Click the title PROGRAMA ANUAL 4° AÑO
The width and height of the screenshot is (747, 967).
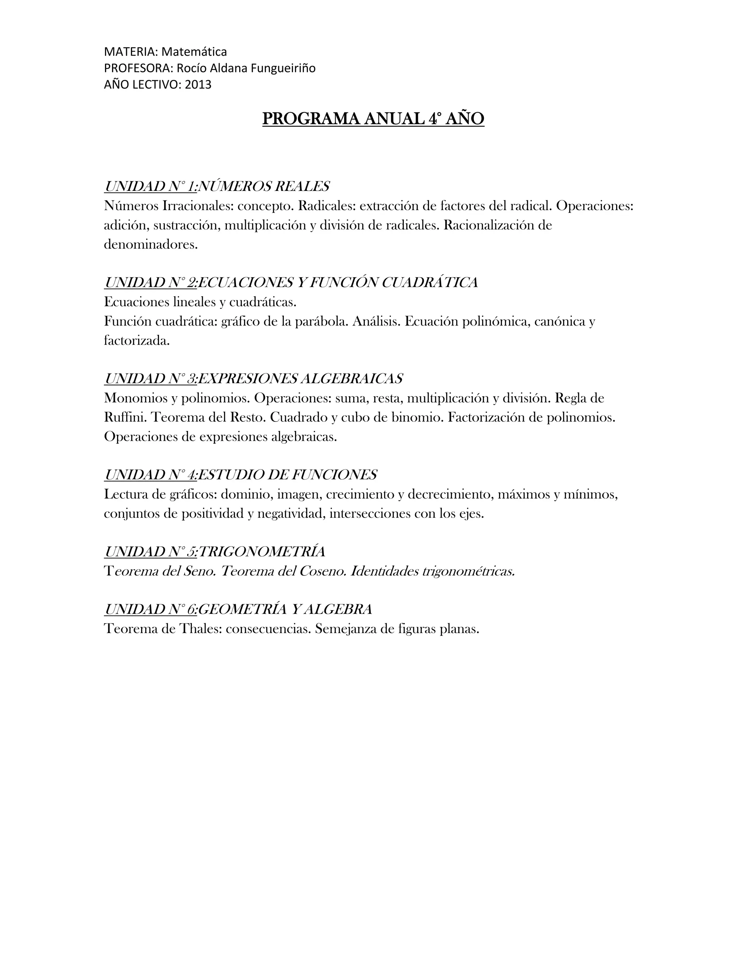(373, 119)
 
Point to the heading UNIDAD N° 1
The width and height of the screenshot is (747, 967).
(151, 186)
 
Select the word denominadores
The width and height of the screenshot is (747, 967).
(151, 244)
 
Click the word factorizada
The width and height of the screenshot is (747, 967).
(137, 340)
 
